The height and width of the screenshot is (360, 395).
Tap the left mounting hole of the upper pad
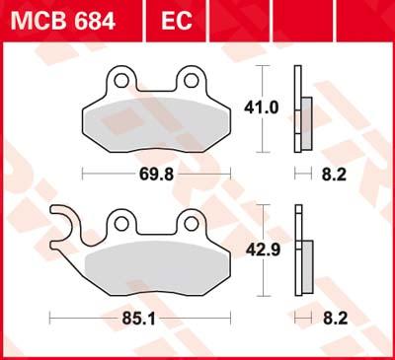coord(119,79)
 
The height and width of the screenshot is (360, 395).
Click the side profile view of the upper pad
coord(300,108)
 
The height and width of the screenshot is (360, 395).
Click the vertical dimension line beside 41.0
coord(262,79)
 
